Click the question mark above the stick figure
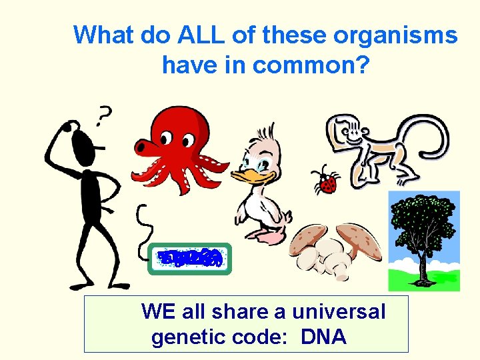coord(102,117)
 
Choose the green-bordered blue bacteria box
coord(189,259)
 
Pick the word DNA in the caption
coord(323,337)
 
